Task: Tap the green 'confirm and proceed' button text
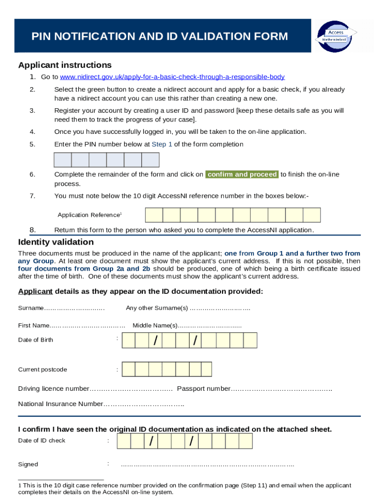[x=242, y=175]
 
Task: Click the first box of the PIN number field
[x=63, y=160]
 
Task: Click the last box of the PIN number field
[x=151, y=160]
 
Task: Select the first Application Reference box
[x=154, y=216]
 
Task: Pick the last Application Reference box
[x=312, y=216]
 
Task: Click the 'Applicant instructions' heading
[x=65, y=65]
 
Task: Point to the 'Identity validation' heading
[x=56, y=242]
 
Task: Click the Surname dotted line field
[x=74, y=309]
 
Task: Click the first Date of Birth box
[x=128, y=340]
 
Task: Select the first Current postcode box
[x=128, y=370]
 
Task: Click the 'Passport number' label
[x=203, y=389]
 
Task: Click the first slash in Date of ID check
[x=151, y=441]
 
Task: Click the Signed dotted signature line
[x=207, y=465]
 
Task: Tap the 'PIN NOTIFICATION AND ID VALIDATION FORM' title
[x=160, y=36]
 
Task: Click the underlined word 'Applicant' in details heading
[x=35, y=291]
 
